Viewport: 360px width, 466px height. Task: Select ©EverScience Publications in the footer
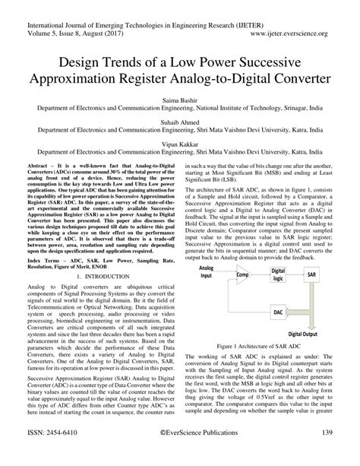point(179,453)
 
